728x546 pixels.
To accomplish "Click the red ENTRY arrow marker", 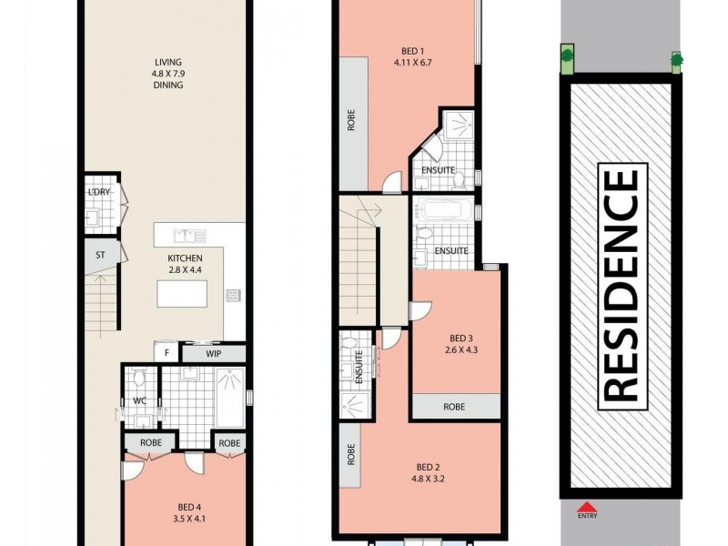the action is point(587,506).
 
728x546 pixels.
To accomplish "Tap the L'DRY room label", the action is point(99,192).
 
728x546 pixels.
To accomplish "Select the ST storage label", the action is point(100,255).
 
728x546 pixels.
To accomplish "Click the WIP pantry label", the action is point(214,354).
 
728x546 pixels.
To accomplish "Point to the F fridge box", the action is point(167,353).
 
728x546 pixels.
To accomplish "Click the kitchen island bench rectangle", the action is point(182,294).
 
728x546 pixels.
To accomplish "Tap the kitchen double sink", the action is point(190,236).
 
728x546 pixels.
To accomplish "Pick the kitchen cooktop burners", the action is point(233,295).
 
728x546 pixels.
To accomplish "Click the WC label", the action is point(140,400).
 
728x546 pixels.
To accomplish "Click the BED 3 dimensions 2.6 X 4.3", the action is point(461,349).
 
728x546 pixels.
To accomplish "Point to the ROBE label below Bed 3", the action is point(454,407).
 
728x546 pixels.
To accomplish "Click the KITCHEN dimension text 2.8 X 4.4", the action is point(185,269).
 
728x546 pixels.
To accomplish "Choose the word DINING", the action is point(168,85).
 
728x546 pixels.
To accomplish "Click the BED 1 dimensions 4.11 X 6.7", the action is point(413,62).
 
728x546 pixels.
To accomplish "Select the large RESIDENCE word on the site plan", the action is point(622,287).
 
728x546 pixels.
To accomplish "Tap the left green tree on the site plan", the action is point(567,56).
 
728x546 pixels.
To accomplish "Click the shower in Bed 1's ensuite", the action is point(459,125).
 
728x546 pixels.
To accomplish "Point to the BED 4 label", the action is point(189,508).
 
